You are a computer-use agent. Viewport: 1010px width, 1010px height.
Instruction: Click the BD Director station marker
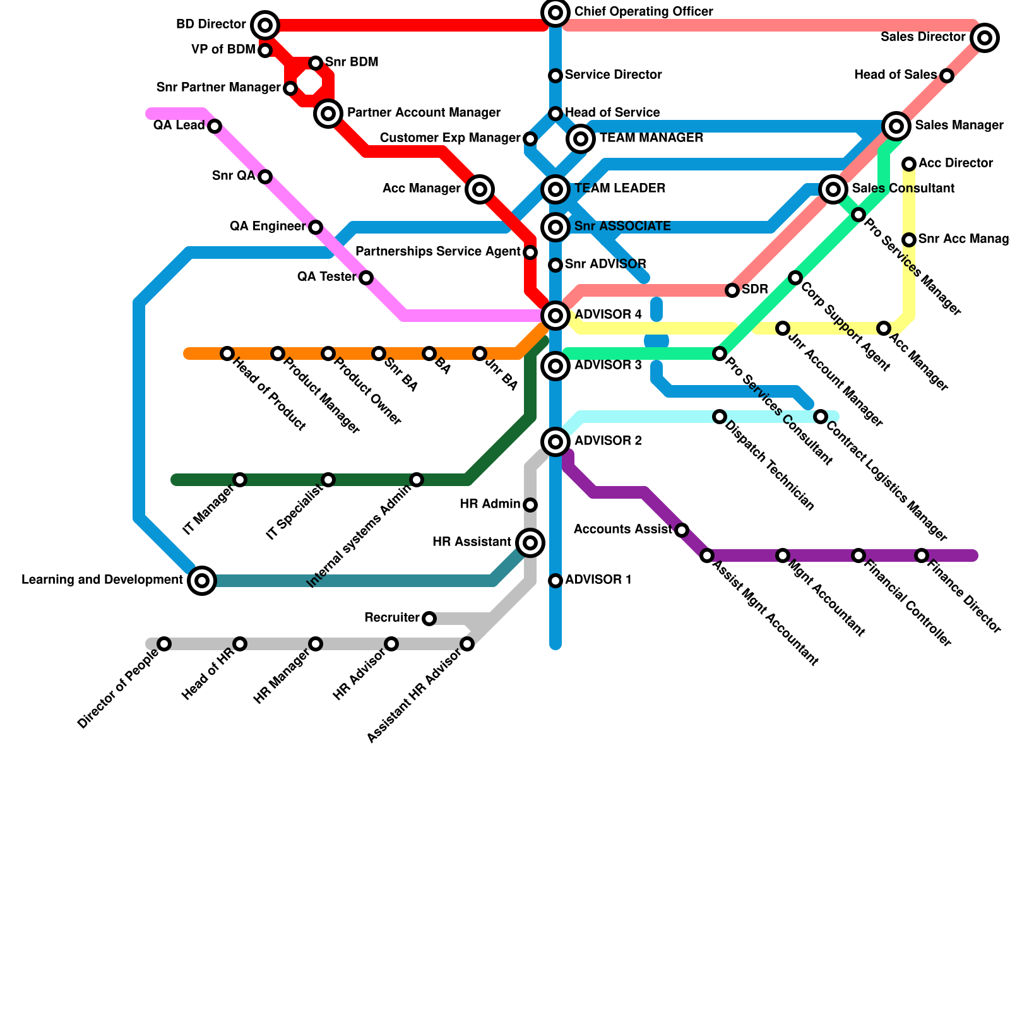[x=265, y=25]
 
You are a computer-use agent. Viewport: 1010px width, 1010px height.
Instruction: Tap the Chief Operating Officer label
[x=643, y=12]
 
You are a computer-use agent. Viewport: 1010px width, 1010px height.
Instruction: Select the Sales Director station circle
[x=985, y=38]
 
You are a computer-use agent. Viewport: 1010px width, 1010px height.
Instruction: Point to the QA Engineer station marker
[x=316, y=227]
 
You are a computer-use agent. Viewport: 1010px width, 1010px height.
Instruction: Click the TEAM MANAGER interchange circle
[x=581, y=138]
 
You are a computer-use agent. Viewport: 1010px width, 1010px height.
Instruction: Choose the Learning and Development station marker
[x=202, y=580]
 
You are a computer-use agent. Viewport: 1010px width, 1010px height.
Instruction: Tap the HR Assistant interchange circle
[x=530, y=542]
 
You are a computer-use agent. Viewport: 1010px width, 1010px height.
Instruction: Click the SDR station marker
[x=732, y=290]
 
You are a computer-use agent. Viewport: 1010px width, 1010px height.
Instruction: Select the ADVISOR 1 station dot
[x=555, y=581]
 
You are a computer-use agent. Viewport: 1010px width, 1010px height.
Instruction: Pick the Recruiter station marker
[x=429, y=619]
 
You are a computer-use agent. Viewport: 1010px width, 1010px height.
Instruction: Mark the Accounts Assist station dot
[x=682, y=530]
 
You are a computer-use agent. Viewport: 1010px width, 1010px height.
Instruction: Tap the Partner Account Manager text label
[x=424, y=113]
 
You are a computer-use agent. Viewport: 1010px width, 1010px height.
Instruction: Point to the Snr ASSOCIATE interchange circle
[x=555, y=227]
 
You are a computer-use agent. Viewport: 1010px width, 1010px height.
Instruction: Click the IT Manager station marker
[x=240, y=480]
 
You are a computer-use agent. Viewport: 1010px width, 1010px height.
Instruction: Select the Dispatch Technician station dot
[x=720, y=417]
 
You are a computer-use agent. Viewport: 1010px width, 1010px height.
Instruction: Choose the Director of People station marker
[x=164, y=644]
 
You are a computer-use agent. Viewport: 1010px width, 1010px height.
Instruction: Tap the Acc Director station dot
[x=909, y=164]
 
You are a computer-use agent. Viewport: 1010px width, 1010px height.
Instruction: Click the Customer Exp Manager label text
[x=450, y=138]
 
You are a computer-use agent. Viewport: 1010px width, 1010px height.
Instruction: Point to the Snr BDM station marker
[x=316, y=63]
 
